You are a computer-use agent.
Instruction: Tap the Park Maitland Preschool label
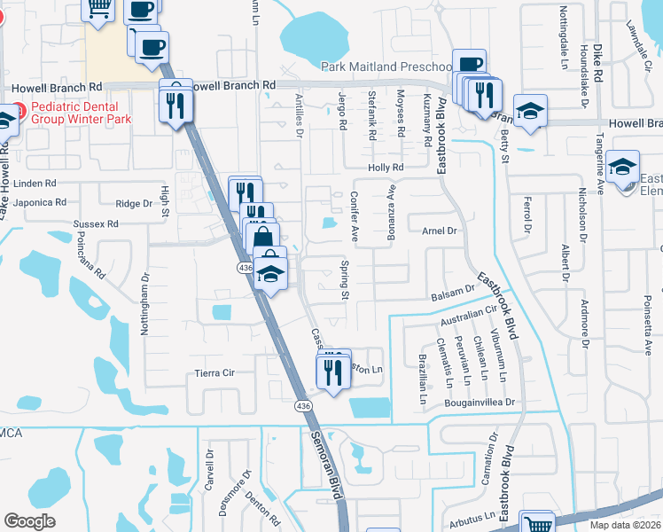(386, 66)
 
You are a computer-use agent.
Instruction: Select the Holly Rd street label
(386, 167)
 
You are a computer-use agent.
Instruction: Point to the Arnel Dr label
(438, 231)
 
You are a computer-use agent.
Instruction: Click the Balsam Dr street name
(454, 293)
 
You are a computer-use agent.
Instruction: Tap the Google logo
(29, 521)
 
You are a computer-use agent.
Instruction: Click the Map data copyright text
(625, 525)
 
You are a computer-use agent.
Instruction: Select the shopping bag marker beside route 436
(263, 239)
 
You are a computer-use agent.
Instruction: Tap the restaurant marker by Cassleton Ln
(333, 373)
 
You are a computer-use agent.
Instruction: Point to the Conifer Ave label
(354, 217)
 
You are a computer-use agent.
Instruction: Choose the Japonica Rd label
(35, 202)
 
